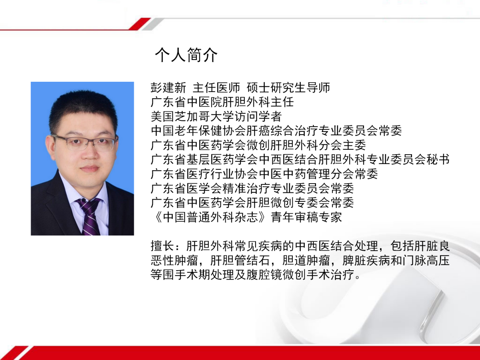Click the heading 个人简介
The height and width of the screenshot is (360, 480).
186,55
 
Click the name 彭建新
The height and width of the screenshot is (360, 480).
168,88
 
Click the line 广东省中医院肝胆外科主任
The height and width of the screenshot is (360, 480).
222,102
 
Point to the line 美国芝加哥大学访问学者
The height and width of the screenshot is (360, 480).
216,116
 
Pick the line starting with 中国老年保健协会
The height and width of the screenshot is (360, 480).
276,131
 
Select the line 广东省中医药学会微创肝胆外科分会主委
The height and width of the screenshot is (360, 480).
258,145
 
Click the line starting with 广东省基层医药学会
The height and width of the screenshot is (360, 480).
300,159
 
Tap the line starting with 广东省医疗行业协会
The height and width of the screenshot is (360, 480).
264,173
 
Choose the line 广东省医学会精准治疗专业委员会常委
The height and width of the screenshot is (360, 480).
252,188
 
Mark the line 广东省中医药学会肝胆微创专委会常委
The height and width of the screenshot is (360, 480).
252,202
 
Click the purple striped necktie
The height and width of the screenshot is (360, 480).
90,216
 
